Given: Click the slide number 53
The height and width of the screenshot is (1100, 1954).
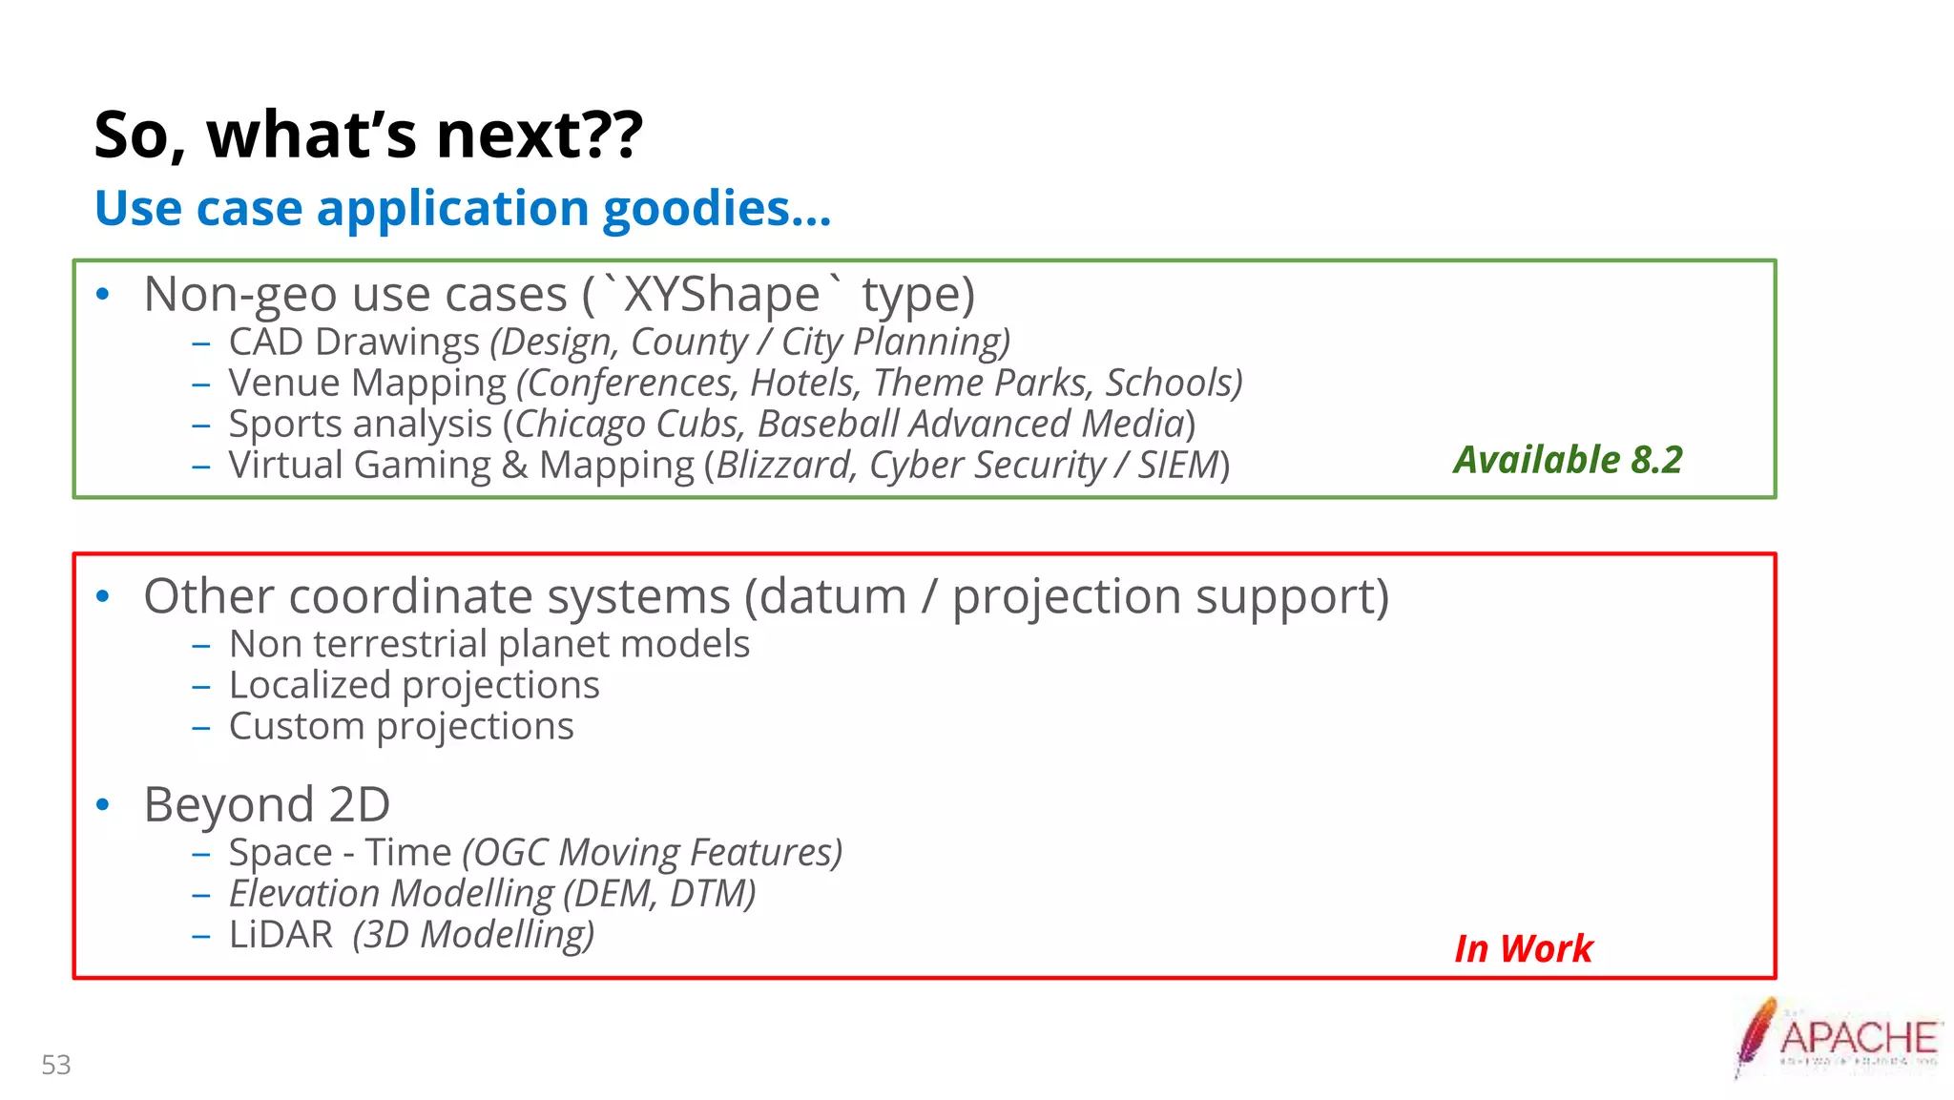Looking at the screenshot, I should coord(56,1065).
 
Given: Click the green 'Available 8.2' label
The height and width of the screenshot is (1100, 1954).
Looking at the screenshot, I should coord(1568,460).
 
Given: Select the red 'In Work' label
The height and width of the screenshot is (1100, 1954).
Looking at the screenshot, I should coord(1523,948).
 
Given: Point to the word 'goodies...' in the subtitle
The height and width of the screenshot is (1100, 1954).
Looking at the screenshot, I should coord(717,208).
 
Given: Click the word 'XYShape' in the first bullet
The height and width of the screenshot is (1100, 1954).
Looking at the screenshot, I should coord(721,294).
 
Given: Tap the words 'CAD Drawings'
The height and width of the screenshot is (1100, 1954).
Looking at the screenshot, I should coord(354,342).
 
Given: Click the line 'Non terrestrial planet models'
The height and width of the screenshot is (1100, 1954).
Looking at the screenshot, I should coord(488,644).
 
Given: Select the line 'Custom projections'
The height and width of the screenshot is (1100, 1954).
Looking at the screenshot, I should coord(401,726).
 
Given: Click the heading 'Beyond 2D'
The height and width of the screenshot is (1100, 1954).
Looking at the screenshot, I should coord(266,804).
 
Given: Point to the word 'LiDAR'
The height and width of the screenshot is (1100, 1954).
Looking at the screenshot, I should coord(281,934).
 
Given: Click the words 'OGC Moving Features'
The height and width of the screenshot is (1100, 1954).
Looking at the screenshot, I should coord(653,852).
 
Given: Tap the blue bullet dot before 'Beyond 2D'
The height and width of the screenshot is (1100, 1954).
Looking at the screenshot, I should coord(103,804).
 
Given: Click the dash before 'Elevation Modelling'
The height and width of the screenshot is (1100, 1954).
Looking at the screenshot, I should coord(200,895).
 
